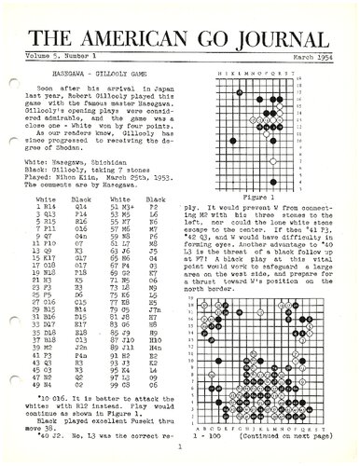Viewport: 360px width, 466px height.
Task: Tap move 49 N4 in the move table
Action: (x=48, y=383)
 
